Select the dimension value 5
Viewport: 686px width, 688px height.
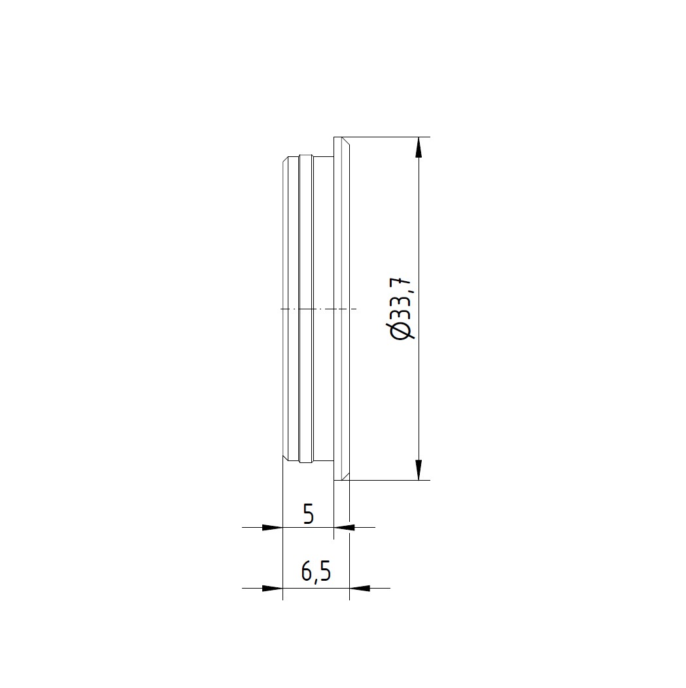pos(309,514)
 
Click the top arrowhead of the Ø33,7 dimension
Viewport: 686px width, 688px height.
pos(419,147)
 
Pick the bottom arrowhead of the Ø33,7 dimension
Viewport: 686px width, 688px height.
pos(419,470)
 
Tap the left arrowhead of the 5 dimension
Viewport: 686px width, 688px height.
pos(273,527)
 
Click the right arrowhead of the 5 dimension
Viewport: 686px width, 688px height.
pos(345,527)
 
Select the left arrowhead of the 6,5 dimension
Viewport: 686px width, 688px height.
pos(273,588)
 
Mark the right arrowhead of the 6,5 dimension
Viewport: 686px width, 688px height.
pos(360,588)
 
